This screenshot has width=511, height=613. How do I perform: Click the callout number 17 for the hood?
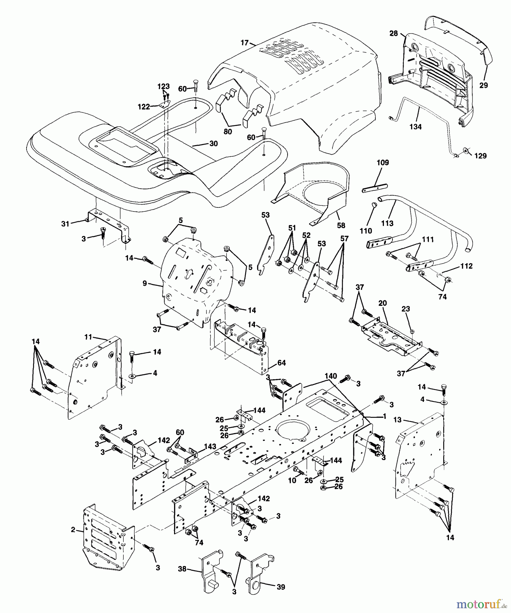[x=244, y=43]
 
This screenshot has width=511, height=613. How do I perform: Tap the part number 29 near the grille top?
[x=483, y=85]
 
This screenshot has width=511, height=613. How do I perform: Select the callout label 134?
[x=416, y=127]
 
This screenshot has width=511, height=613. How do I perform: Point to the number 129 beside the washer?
[x=481, y=156]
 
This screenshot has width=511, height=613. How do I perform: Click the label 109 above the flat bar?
[x=383, y=162]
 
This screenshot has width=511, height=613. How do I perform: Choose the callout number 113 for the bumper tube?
[x=387, y=223]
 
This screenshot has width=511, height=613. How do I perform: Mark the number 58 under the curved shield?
[x=341, y=225]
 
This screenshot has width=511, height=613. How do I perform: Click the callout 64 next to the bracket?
[x=281, y=363]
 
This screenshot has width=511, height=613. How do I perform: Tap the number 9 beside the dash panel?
[x=145, y=283]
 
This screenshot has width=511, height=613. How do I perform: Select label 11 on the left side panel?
[x=88, y=337]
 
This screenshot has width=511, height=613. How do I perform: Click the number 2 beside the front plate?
[x=73, y=530]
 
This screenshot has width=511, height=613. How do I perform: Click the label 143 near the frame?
[x=210, y=446]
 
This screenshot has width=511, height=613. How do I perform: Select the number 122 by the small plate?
[x=143, y=107]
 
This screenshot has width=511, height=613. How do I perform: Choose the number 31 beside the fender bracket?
[x=65, y=224]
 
